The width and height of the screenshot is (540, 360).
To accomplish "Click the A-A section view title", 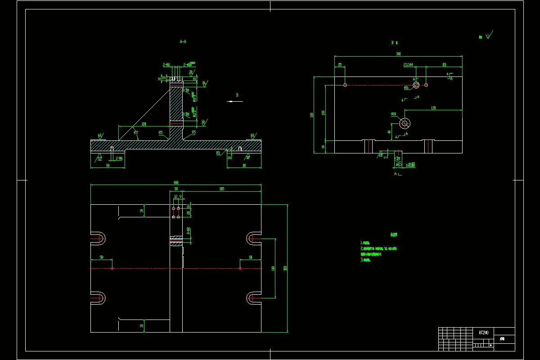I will pos(183,41).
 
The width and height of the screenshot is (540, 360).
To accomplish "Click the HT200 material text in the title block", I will pos(483,332).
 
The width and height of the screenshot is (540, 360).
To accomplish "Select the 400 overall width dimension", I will pos(175,182).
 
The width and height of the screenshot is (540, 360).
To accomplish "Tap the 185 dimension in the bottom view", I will pos(221,189).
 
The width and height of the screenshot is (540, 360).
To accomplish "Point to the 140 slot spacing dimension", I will pos(273,268).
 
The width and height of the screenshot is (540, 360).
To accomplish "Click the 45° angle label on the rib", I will pos(135,132).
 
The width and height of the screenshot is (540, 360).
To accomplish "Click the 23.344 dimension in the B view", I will pos(409,65).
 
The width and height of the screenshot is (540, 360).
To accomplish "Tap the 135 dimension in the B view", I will pos(433,108).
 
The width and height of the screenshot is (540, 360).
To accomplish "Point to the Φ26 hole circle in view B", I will pos(405,123).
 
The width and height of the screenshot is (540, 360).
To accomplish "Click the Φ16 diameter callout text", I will pos(406,88).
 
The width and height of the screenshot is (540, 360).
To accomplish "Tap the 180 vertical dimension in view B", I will pos(311,115).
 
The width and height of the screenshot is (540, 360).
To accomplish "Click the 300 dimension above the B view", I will pos(398,54).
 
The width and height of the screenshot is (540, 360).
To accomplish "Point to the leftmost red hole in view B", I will pos(345,85).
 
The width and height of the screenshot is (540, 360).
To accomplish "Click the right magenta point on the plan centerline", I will pos(240,268).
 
